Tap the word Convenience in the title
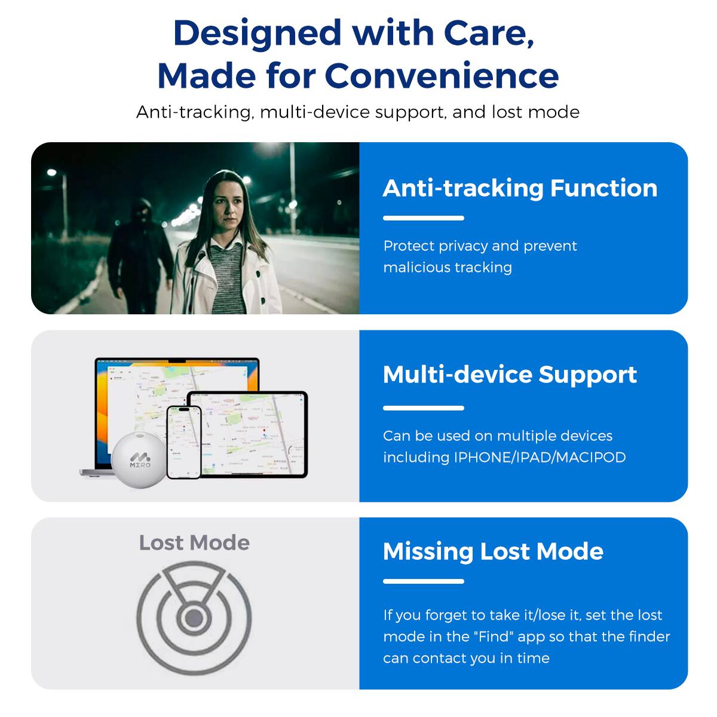pyautogui.click(x=442, y=76)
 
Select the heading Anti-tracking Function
pyautogui.click(x=520, y=188)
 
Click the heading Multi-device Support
pyautogui.click(x=510, y=375)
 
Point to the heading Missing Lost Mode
pyautogui.click(x=493, y=551)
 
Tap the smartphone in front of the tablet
pyautogui.click(x=183, y=442)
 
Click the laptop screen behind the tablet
pyautogui.click(x=143, y=388)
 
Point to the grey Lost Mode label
pyautogui.click(x=194, y=543)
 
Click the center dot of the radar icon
pyautogui.click(x=194, y=618)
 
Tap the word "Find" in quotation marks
pyautogui.click(x=496, y=637)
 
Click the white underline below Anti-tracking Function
pyautogui.click(x=423, y=218)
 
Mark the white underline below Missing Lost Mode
pyautogui.click(x=423, y=581)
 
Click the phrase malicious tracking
pyautogui.click(x=448, y=267)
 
